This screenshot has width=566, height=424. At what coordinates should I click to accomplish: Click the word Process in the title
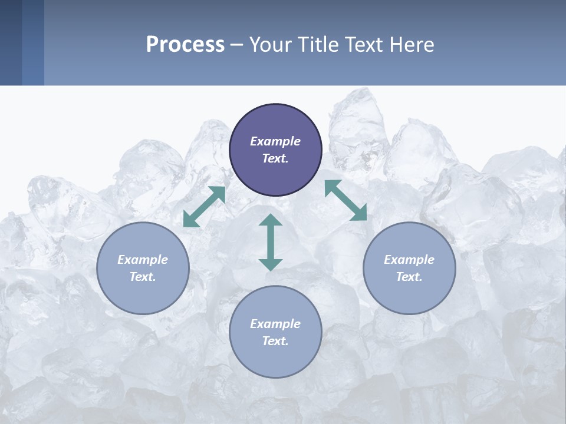185,45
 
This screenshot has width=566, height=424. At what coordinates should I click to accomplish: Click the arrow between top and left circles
205,207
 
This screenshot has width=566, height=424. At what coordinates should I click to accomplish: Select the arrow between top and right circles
345,200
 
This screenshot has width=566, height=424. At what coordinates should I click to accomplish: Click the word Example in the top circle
275,141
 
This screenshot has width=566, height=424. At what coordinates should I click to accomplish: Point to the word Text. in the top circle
275,158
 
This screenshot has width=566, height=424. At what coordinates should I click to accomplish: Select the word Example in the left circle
143,260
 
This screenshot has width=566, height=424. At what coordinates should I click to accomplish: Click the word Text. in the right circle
409,277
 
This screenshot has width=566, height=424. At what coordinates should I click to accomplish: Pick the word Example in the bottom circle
275,324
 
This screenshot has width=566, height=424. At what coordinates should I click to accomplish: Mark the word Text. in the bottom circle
275,341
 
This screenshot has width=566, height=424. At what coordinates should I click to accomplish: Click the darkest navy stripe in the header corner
11,42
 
